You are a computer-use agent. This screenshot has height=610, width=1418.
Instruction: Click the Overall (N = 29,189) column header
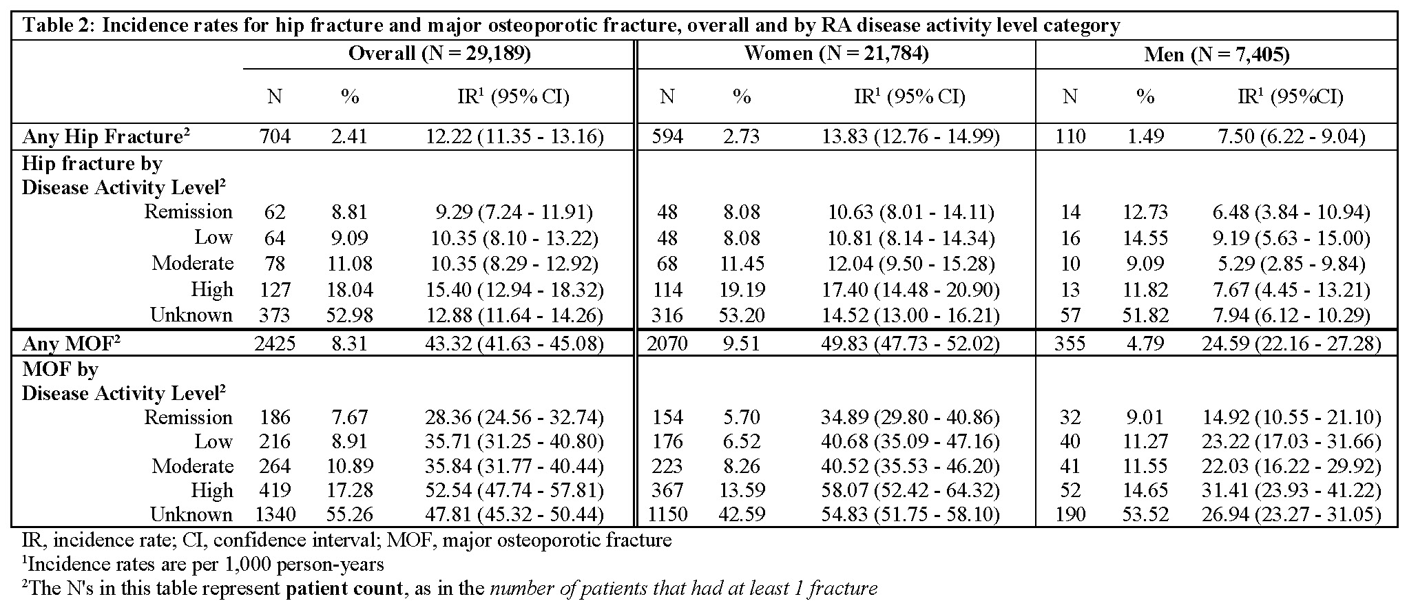439,54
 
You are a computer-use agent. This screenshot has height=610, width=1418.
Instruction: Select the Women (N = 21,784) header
836,54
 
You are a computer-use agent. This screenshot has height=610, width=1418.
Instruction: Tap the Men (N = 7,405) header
1216,54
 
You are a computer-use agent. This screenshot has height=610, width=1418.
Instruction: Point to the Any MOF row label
72,343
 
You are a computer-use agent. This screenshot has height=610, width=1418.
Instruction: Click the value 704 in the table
274,136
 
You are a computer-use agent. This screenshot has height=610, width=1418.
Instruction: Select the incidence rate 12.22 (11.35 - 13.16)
514,136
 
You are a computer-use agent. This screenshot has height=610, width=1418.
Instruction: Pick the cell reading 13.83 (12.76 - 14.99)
910,136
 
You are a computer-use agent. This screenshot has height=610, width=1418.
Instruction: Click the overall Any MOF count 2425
274,343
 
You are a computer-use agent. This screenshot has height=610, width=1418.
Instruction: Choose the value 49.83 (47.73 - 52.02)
910,343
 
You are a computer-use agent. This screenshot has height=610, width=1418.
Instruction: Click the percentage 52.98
350,315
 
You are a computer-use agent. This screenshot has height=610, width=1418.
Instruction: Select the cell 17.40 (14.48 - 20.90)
910,289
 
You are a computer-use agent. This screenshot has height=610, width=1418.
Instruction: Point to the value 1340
274,514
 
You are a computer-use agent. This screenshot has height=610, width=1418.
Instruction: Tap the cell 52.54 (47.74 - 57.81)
514,490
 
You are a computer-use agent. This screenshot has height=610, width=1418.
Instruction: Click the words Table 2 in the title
54,25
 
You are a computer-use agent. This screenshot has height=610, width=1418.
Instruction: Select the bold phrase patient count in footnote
342,589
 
